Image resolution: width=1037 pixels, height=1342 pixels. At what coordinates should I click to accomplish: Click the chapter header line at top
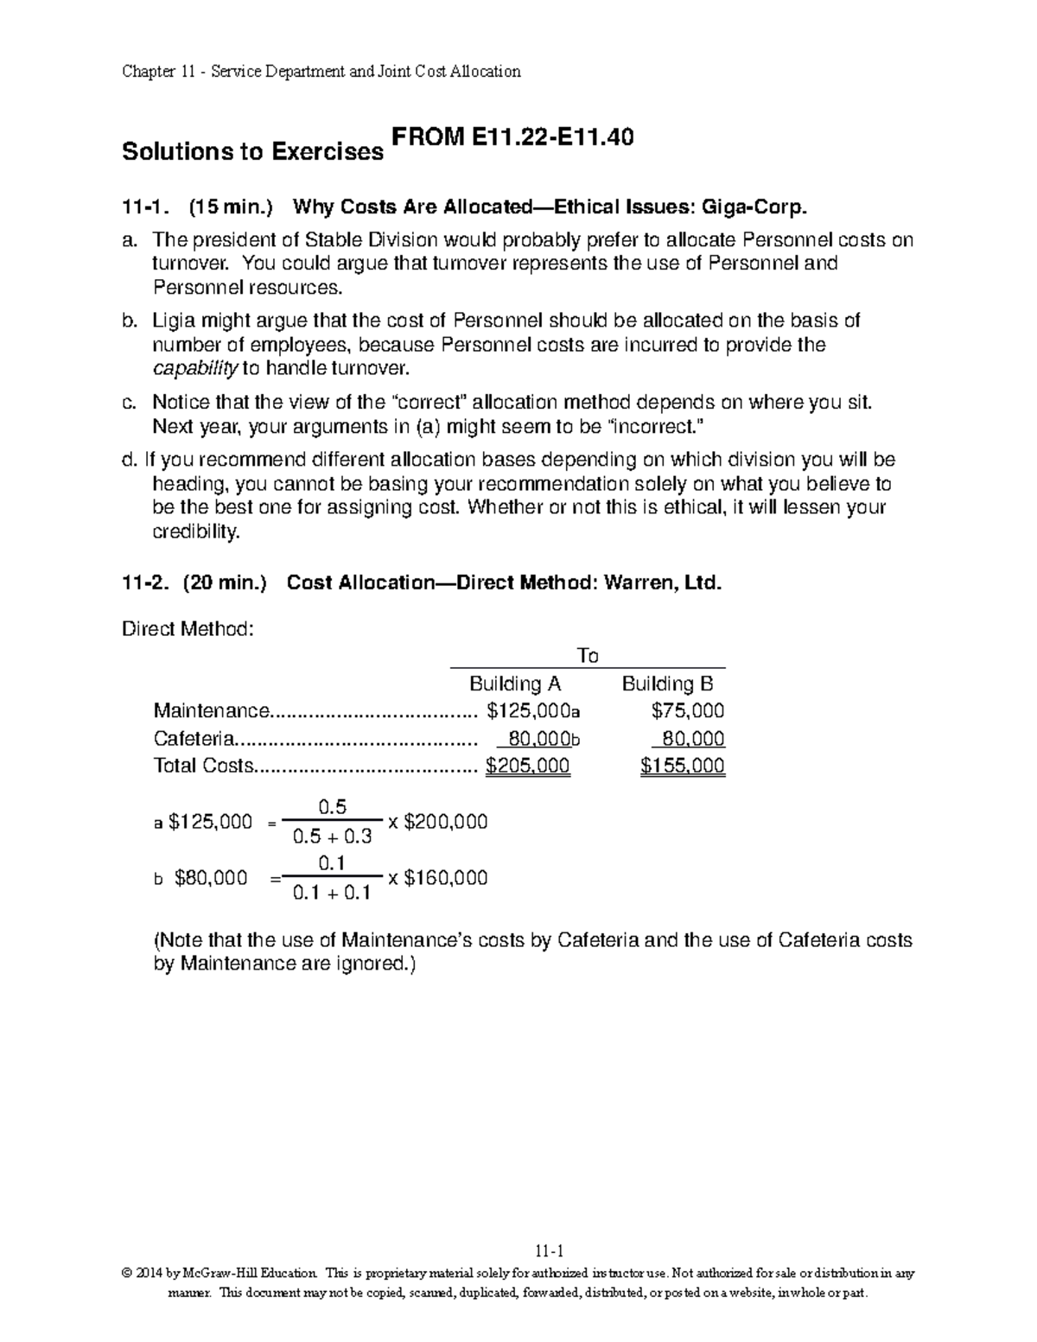tap(321, 72)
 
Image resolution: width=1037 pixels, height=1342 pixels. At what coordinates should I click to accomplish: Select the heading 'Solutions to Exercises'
tap(252, 152)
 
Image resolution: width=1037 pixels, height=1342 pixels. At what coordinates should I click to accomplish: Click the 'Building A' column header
tap(515, 684)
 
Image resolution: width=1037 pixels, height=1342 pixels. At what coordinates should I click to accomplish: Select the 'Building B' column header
tap(668, 684)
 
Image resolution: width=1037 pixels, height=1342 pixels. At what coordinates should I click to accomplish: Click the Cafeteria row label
tap(194, 739)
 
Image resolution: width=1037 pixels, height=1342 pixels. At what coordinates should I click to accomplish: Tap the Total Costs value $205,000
tap(528, 766)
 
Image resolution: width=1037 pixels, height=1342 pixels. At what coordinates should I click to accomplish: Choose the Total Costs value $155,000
tap(682, 766)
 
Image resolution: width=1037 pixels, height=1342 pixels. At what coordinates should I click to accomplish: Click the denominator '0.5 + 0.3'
tap(333, 836)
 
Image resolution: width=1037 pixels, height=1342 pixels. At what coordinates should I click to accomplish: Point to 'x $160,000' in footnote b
tap(438, 878)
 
